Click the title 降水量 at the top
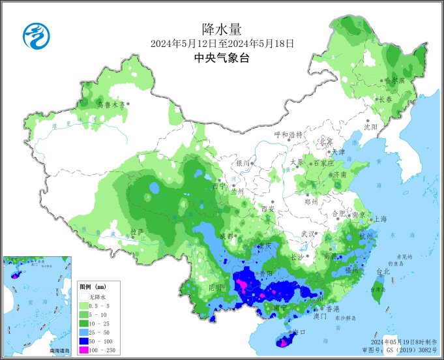pos(222,29)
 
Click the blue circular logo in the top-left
pos(37,35)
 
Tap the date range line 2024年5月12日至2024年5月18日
pos(222,44)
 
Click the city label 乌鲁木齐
pos(110,104)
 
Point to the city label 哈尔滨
pos(394,81)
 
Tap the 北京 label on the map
pos(325,142)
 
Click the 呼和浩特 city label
pos(288,135)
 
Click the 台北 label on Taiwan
pos(382,271)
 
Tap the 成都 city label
pos(226,235)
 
